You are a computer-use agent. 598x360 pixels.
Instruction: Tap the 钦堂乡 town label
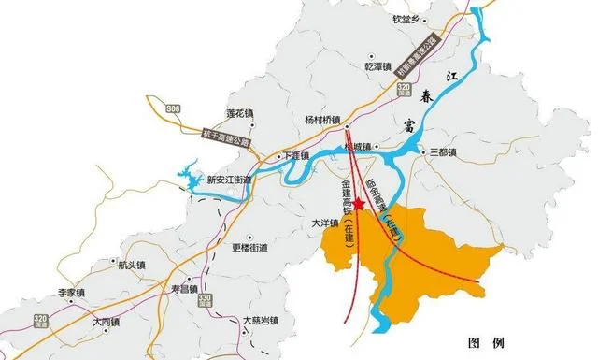point(409,16)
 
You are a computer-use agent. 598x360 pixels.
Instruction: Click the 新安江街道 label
point(228,180)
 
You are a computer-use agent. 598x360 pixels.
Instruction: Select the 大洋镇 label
point(325,223)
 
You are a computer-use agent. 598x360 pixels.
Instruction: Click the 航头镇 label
point(133,265)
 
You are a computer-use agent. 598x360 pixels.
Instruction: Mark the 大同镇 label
point(107,321)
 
